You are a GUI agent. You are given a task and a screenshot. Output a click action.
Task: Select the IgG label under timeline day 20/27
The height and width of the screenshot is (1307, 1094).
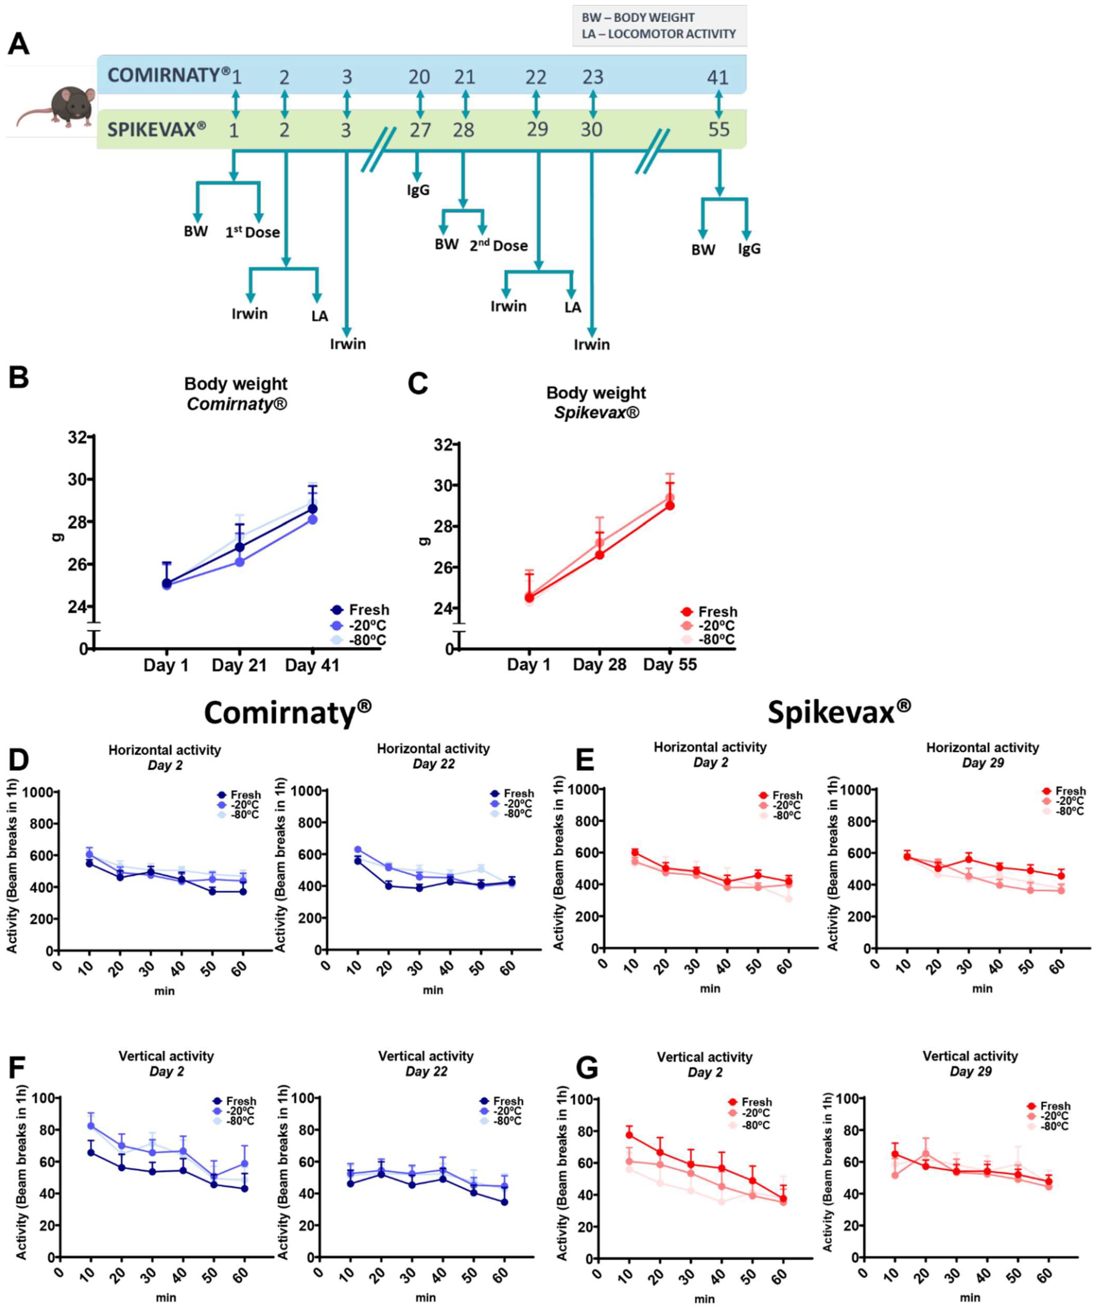[x=418, y=190]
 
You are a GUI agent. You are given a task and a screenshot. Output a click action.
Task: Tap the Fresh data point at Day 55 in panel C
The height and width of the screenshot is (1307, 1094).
[x=670, y=505]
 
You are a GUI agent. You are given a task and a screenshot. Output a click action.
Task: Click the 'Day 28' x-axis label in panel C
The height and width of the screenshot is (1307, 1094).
[x=599, y=665]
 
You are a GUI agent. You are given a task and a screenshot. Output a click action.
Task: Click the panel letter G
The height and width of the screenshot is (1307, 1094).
[x=587, y=1068]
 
